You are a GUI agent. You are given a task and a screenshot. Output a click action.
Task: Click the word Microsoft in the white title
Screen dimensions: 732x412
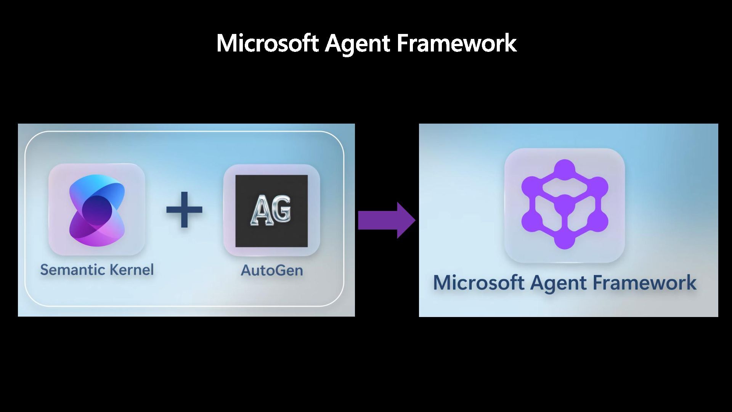[267, 43]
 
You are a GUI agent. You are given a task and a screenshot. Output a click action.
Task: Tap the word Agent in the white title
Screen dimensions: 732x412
[357, 43]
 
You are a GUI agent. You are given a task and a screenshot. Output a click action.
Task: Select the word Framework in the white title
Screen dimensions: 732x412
[456, 43]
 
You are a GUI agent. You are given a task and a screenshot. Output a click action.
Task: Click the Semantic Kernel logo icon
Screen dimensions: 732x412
[97, 209]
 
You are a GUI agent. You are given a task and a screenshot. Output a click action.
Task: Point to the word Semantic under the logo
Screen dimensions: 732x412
[73, 270]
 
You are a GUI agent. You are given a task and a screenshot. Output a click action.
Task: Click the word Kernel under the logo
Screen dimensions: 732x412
[132, 270]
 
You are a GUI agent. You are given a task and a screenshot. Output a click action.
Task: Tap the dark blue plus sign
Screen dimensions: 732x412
[184, 209]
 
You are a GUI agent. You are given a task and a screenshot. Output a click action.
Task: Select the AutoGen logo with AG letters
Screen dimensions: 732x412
[271, 211]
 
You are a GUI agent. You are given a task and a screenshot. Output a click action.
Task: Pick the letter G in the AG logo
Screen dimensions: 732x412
[282, 209]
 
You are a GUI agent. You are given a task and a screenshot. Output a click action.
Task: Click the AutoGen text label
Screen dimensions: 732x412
[272, 270]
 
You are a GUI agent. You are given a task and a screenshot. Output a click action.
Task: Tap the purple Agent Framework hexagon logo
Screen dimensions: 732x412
[565, 204]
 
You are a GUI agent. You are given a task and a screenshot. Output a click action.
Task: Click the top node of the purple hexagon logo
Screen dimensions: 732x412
[565, 168]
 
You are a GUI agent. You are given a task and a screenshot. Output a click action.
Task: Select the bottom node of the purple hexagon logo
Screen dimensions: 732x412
[565, 240]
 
